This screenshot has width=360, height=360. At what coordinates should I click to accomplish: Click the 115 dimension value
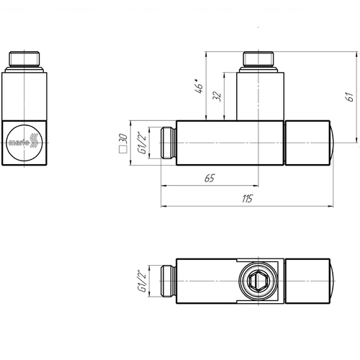(247, 199)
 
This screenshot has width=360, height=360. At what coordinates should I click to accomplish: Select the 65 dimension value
(210, 178)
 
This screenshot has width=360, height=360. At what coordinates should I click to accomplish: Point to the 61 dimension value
(350, 96)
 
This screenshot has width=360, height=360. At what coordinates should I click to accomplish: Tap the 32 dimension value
(217, 96)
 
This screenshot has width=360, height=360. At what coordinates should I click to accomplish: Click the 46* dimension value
(199, 86)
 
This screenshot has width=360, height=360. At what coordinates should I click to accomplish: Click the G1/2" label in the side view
(142, 143)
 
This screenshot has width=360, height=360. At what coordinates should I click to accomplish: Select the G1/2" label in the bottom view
(142, 281)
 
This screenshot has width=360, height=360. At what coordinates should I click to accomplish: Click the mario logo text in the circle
(19, 143)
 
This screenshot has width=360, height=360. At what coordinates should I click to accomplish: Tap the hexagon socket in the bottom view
(256, 281)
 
